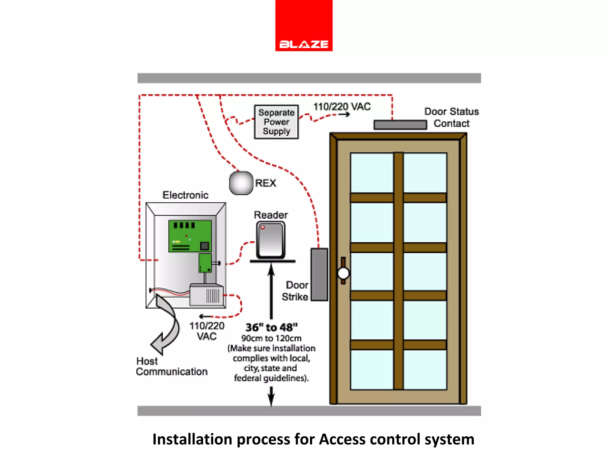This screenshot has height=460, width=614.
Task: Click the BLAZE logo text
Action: tap(304, 44)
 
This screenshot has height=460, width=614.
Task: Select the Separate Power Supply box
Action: tap(276, 122)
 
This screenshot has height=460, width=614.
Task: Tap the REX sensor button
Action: tap(241, 183)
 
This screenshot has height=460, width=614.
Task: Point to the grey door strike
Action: tap(319, 274)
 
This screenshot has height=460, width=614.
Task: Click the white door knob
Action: tap(343, 273)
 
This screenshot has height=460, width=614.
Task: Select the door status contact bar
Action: tap(400, 125)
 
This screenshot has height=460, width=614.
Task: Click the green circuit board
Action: tap(190, 236)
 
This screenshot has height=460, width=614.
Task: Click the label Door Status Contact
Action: tap(451, 117)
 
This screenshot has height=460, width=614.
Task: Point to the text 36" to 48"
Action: tap(271, 327)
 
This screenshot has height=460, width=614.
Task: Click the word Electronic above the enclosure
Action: tap(185, 195)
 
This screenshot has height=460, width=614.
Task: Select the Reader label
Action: tap(271, 215)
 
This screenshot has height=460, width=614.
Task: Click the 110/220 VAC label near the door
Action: tap(342, 107)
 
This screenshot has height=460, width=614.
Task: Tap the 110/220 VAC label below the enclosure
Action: tap(207, 331)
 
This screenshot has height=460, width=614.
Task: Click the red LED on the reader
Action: tap(263, 227)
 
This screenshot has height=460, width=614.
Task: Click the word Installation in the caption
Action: tap(192, 439)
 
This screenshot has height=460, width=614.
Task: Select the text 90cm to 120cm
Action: tap(271, 338)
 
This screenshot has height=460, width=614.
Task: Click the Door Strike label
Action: tap(295, 291)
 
